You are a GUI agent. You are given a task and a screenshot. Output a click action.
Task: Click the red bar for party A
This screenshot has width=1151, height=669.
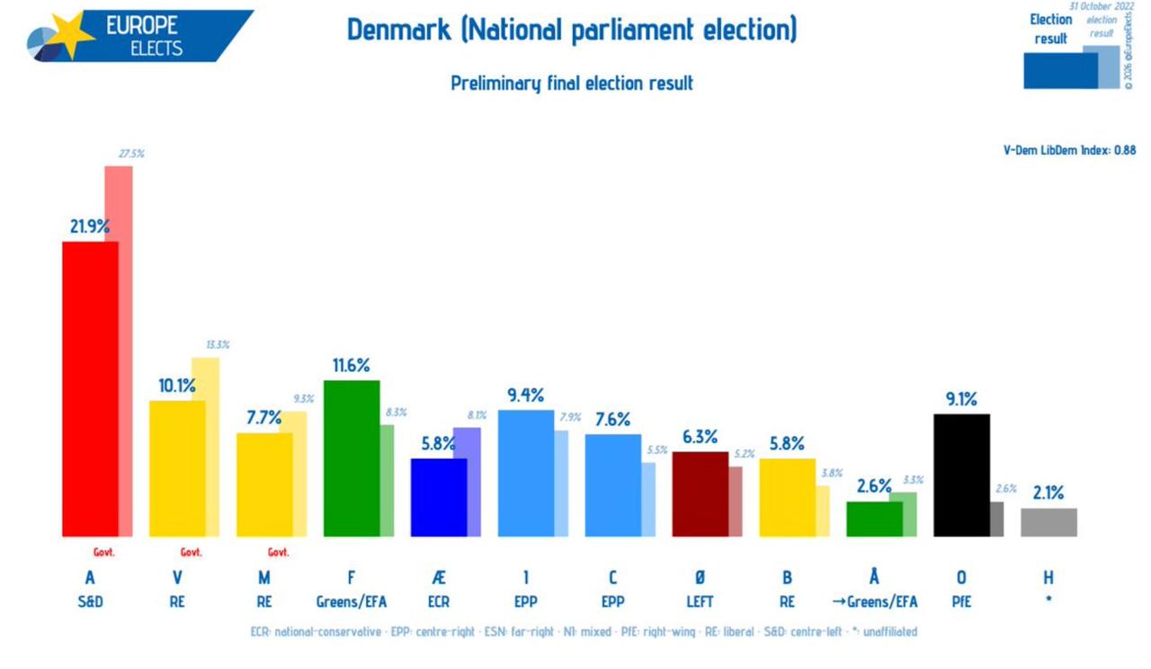point(90,388)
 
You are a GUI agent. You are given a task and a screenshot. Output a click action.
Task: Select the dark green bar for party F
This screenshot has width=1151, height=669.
point(351,459)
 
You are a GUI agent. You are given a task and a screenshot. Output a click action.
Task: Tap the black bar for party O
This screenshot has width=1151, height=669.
point(961,475)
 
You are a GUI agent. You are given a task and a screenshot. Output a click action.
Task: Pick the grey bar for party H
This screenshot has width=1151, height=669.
point(1048,522)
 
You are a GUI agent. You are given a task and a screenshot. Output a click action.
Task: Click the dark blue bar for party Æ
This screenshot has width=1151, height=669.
point(438,497)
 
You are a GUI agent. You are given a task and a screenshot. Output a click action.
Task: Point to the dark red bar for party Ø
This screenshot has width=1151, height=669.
point(700,494)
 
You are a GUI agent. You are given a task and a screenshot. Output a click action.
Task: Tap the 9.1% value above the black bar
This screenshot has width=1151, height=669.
point(960,399)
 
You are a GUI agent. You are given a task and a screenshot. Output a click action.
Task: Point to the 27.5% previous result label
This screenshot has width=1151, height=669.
point(131,154)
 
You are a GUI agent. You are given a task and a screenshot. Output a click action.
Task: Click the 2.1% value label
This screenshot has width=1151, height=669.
point(1048,493)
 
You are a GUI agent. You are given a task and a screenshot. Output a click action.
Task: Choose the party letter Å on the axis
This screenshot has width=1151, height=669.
point(874,578)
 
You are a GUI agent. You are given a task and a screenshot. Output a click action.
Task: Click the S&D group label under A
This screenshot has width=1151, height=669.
point(90,602)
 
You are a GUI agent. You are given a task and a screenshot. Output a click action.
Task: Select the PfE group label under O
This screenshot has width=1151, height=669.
point(961,602)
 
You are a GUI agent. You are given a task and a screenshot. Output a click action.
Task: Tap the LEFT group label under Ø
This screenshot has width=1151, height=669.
point(700,602)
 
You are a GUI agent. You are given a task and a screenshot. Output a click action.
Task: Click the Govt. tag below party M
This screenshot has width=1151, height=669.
point(279,553)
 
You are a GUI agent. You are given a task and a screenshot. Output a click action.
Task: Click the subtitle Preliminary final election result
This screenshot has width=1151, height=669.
point(572,84)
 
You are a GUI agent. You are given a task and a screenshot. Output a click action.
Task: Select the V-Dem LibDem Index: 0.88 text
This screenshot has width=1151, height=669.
point(1069,150)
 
